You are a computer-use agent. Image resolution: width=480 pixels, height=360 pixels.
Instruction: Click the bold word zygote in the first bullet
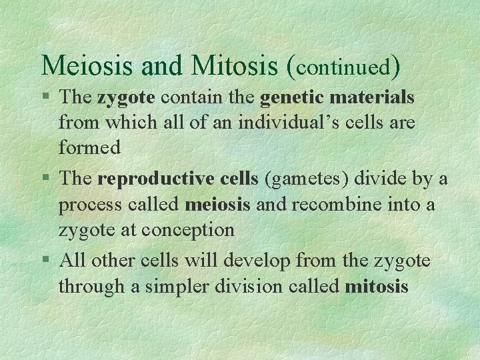point(126,98)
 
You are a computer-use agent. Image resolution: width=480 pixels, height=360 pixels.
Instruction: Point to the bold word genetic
point(294,98)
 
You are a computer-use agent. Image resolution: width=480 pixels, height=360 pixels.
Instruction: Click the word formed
point(89,147)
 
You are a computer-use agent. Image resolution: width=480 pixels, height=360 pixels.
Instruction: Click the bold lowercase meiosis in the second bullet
point(218,205)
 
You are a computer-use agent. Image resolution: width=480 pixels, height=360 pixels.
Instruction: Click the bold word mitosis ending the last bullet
point(377,287)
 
